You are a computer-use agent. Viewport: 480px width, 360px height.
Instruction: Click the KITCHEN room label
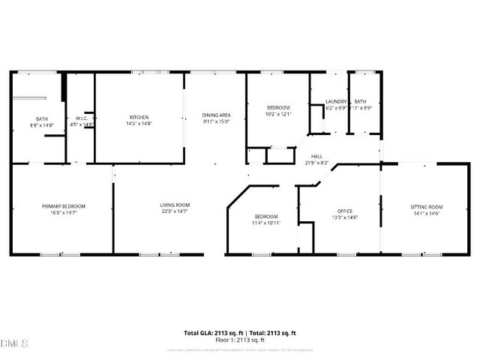click(139, 117)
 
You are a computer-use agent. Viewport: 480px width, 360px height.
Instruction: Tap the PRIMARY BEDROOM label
click(63, 206)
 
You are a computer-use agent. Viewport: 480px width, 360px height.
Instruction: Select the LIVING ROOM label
click(174, 205)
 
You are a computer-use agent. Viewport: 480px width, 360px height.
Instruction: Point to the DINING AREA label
click(215, 115)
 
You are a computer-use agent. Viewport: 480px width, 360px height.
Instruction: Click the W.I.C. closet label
click(82, 118)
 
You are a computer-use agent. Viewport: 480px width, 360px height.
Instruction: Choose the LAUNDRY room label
click(335, 102)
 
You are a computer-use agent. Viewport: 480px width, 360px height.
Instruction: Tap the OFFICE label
click(345, 211)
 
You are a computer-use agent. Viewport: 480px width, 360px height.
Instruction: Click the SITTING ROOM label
click(427, 206)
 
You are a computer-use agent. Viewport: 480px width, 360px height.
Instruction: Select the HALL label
click(317, 156)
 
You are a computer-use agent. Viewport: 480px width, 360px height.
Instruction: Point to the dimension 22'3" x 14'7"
click(174, 212)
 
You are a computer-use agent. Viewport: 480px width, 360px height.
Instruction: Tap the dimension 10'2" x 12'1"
click(277, 115)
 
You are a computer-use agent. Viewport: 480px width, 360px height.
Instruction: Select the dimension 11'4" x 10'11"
click(265, 223)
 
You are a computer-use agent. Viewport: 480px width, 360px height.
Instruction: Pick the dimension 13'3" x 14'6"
click(345, 217)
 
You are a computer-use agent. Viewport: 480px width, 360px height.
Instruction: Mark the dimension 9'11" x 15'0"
click(215, 121)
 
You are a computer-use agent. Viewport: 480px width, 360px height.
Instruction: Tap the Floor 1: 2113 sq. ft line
click(240, 340)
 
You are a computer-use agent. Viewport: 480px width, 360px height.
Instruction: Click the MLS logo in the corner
click(14, 344)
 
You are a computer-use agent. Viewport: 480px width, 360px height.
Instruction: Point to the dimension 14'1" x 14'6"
click(427, 214)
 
